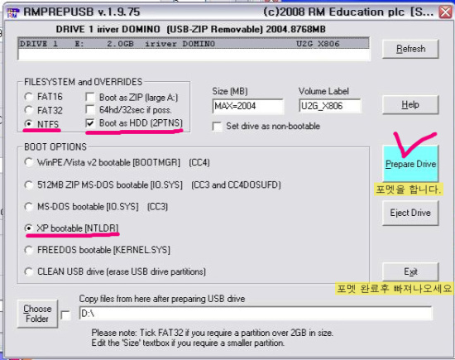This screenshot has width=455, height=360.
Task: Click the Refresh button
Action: pos(410,49)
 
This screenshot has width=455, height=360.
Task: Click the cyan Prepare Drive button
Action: pos(410,164)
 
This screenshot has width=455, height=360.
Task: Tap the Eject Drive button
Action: pos(410,213)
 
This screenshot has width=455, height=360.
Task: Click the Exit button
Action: pos(410,271)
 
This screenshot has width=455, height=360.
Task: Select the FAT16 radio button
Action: pos(29,97)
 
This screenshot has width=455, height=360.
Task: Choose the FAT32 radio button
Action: pos(29,110)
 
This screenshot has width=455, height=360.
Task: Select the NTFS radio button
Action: pos(29,123)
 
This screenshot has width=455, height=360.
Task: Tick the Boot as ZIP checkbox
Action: pos(90,97)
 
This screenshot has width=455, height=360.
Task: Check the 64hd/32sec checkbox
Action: pos(90,110)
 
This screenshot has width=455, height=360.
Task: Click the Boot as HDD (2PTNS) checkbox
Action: pos(90,123)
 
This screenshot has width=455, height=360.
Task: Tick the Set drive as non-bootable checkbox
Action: pos(217,127)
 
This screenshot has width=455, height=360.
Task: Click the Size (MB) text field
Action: pos(248,106)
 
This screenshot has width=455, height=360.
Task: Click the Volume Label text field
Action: pos(329,106)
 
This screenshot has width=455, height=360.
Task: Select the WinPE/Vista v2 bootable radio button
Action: pos(29,162)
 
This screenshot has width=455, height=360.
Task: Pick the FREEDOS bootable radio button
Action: pos(29,250)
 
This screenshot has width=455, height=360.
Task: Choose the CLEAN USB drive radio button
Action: pos(29,271)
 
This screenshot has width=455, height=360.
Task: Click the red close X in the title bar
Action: pos(445,12)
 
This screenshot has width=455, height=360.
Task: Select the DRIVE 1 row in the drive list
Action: pos(194,44)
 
